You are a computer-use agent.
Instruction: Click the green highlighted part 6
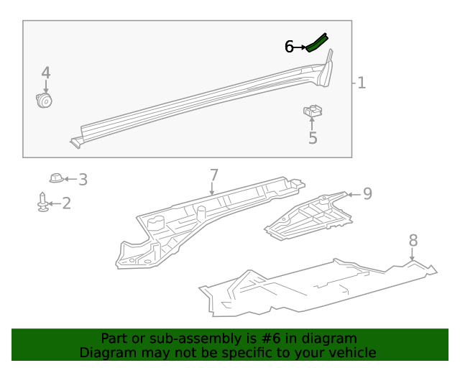point(317,42)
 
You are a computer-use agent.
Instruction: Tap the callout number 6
point(289,47)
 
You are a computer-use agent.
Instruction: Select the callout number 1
point(362,83)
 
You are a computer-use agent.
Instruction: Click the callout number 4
point(46,73)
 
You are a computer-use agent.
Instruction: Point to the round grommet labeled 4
point(45,99)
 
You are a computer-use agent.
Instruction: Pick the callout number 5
point(313,138)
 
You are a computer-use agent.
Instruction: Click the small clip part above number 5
point(312,111)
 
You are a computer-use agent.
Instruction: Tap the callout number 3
point(83,180)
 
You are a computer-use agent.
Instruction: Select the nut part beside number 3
point(55,178)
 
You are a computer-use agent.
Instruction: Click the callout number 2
point(66,204)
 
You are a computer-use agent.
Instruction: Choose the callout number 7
point(213,175)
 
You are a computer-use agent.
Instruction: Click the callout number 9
point(367,193)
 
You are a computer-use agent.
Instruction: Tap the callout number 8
point(413,241)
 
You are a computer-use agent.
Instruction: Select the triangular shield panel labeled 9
point(310,215)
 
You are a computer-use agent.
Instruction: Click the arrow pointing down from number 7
point(213,190)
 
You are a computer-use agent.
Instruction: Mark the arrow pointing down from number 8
point(413,255)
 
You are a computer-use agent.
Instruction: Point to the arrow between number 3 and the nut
point(70,178)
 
